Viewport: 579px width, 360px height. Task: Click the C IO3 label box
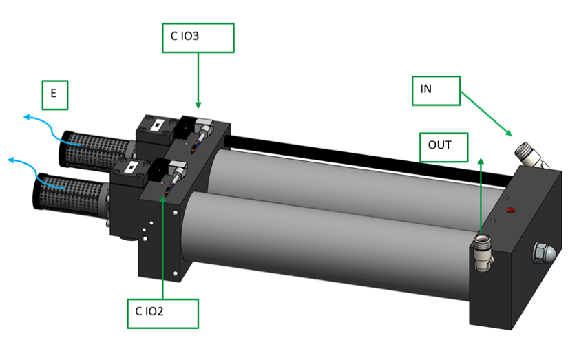click(x=198, y=38)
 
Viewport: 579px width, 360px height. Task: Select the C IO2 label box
click(x=162, y=313)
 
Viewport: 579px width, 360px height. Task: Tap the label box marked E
click(x=55, y=95)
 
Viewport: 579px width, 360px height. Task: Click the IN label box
click(x=436, y=90)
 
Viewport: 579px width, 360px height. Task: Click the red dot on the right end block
click(x=510, y=212)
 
